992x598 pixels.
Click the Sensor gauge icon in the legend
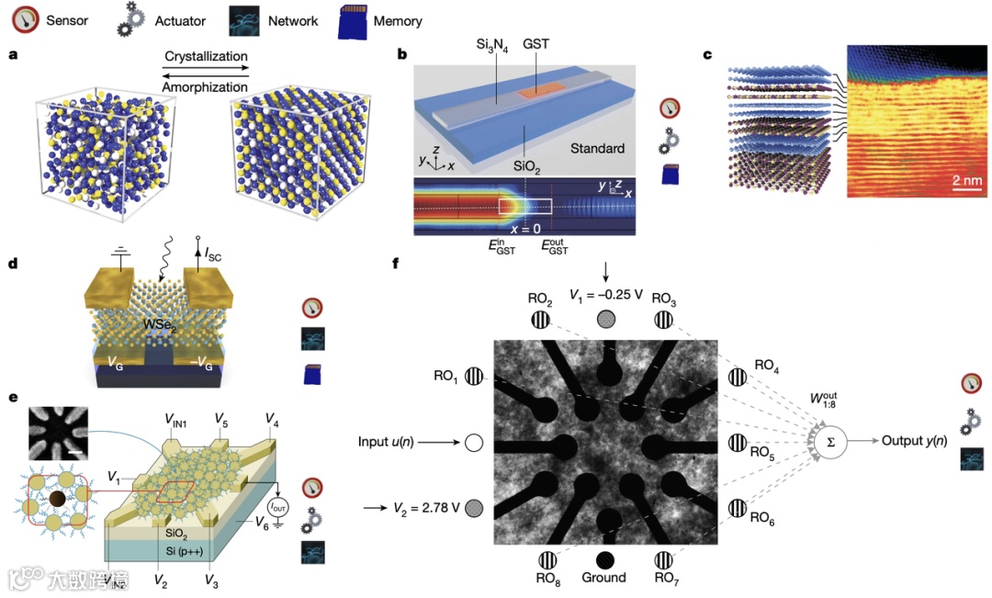point(25,19)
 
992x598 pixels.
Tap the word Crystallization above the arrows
point(208,56)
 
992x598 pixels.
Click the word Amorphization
point(207,85)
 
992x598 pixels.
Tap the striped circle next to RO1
point(474,376)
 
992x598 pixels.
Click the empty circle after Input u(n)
point(474,443)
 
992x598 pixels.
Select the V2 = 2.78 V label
point(424,506)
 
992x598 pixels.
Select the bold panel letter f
point(396,264)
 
